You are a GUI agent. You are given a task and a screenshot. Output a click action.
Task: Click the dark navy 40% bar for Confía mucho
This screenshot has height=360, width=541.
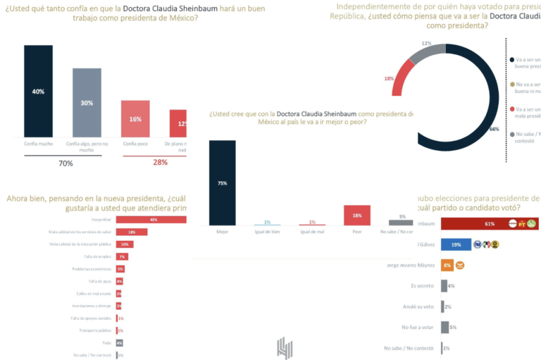(38, 91)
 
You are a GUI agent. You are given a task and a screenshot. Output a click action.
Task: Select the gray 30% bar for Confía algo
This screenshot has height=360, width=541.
(87, 103)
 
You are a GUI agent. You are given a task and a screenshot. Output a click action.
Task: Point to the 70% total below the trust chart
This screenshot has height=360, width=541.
(66, 163)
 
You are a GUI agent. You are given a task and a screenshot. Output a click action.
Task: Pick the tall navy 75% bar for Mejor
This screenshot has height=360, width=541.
(222, 182)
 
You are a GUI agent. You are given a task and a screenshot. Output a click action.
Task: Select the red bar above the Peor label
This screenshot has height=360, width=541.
(357, 216)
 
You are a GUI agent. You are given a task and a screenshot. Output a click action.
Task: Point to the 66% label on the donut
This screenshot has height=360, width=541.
(494, 130)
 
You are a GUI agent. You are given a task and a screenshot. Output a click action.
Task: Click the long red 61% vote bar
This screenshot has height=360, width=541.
(489, 224)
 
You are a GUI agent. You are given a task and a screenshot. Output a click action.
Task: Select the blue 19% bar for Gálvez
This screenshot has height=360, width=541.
(455, 244)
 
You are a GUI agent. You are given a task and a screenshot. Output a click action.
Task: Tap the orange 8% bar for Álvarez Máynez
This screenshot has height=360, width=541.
(447, 266)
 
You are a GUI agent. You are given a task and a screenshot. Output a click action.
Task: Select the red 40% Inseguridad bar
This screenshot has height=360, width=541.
(151, 220)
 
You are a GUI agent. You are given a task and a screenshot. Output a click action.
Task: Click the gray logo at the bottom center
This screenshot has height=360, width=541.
(284, 348)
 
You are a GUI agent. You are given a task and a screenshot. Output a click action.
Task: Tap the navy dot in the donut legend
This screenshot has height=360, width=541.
(511, 61)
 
